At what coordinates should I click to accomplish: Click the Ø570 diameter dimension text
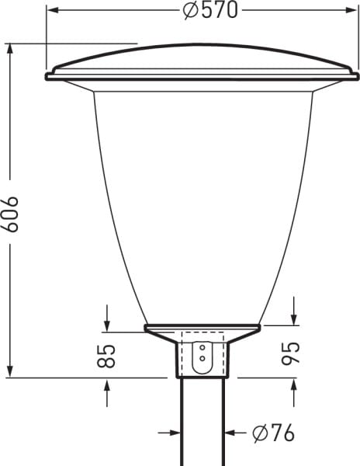(x=210, y=11)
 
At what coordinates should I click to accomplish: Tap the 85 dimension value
(x=106, y=356)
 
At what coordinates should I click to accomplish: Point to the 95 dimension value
(x=290, y=353)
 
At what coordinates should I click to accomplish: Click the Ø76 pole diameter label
(x=273, y=433)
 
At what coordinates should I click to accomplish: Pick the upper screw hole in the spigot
(x=202, y=347)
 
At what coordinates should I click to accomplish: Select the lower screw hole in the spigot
(x=202, y=358)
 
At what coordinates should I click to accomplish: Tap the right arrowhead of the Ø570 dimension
(x=351, y=10)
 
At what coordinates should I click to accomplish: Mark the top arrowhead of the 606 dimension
(x=10, y=50)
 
